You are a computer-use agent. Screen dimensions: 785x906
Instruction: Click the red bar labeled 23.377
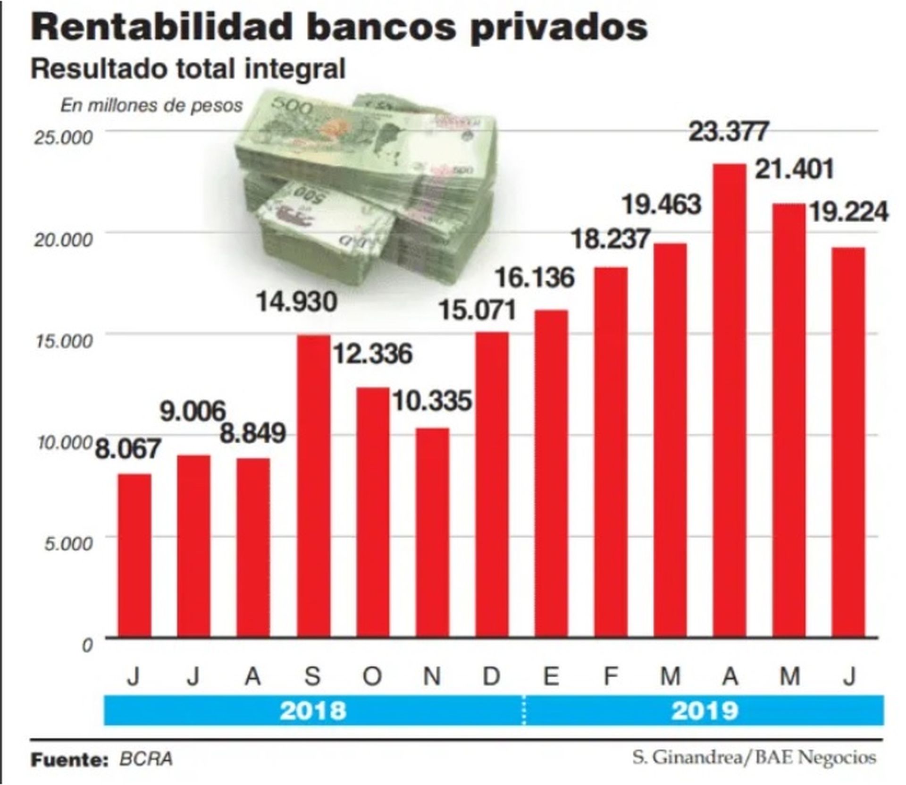(x=730, y=401)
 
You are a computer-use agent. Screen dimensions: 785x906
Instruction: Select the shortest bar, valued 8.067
(x=134, y=556)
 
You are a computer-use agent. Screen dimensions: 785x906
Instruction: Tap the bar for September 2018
(x=313, y=486)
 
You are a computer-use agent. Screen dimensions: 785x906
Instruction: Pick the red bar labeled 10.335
(x=433, y=533)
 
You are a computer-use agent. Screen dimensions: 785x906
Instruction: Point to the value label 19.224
(x=849, y=212)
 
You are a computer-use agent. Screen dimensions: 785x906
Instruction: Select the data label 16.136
(x=535, y=278)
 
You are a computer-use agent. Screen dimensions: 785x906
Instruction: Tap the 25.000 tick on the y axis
(x=63, y=137)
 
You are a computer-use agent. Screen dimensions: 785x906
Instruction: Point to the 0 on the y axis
(x=87, y=645)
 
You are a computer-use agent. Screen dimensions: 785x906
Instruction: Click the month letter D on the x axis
(x=491, y=676)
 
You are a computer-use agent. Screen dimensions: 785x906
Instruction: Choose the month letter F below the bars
(x=611, y=676)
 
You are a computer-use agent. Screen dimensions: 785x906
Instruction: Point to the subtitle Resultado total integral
(x=188, y=69)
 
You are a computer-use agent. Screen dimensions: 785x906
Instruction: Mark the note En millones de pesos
(x=151, y=105)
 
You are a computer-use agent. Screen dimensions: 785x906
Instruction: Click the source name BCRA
(x=146, y=759)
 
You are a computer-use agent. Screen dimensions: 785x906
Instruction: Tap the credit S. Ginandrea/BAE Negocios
(x=754, y=757)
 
